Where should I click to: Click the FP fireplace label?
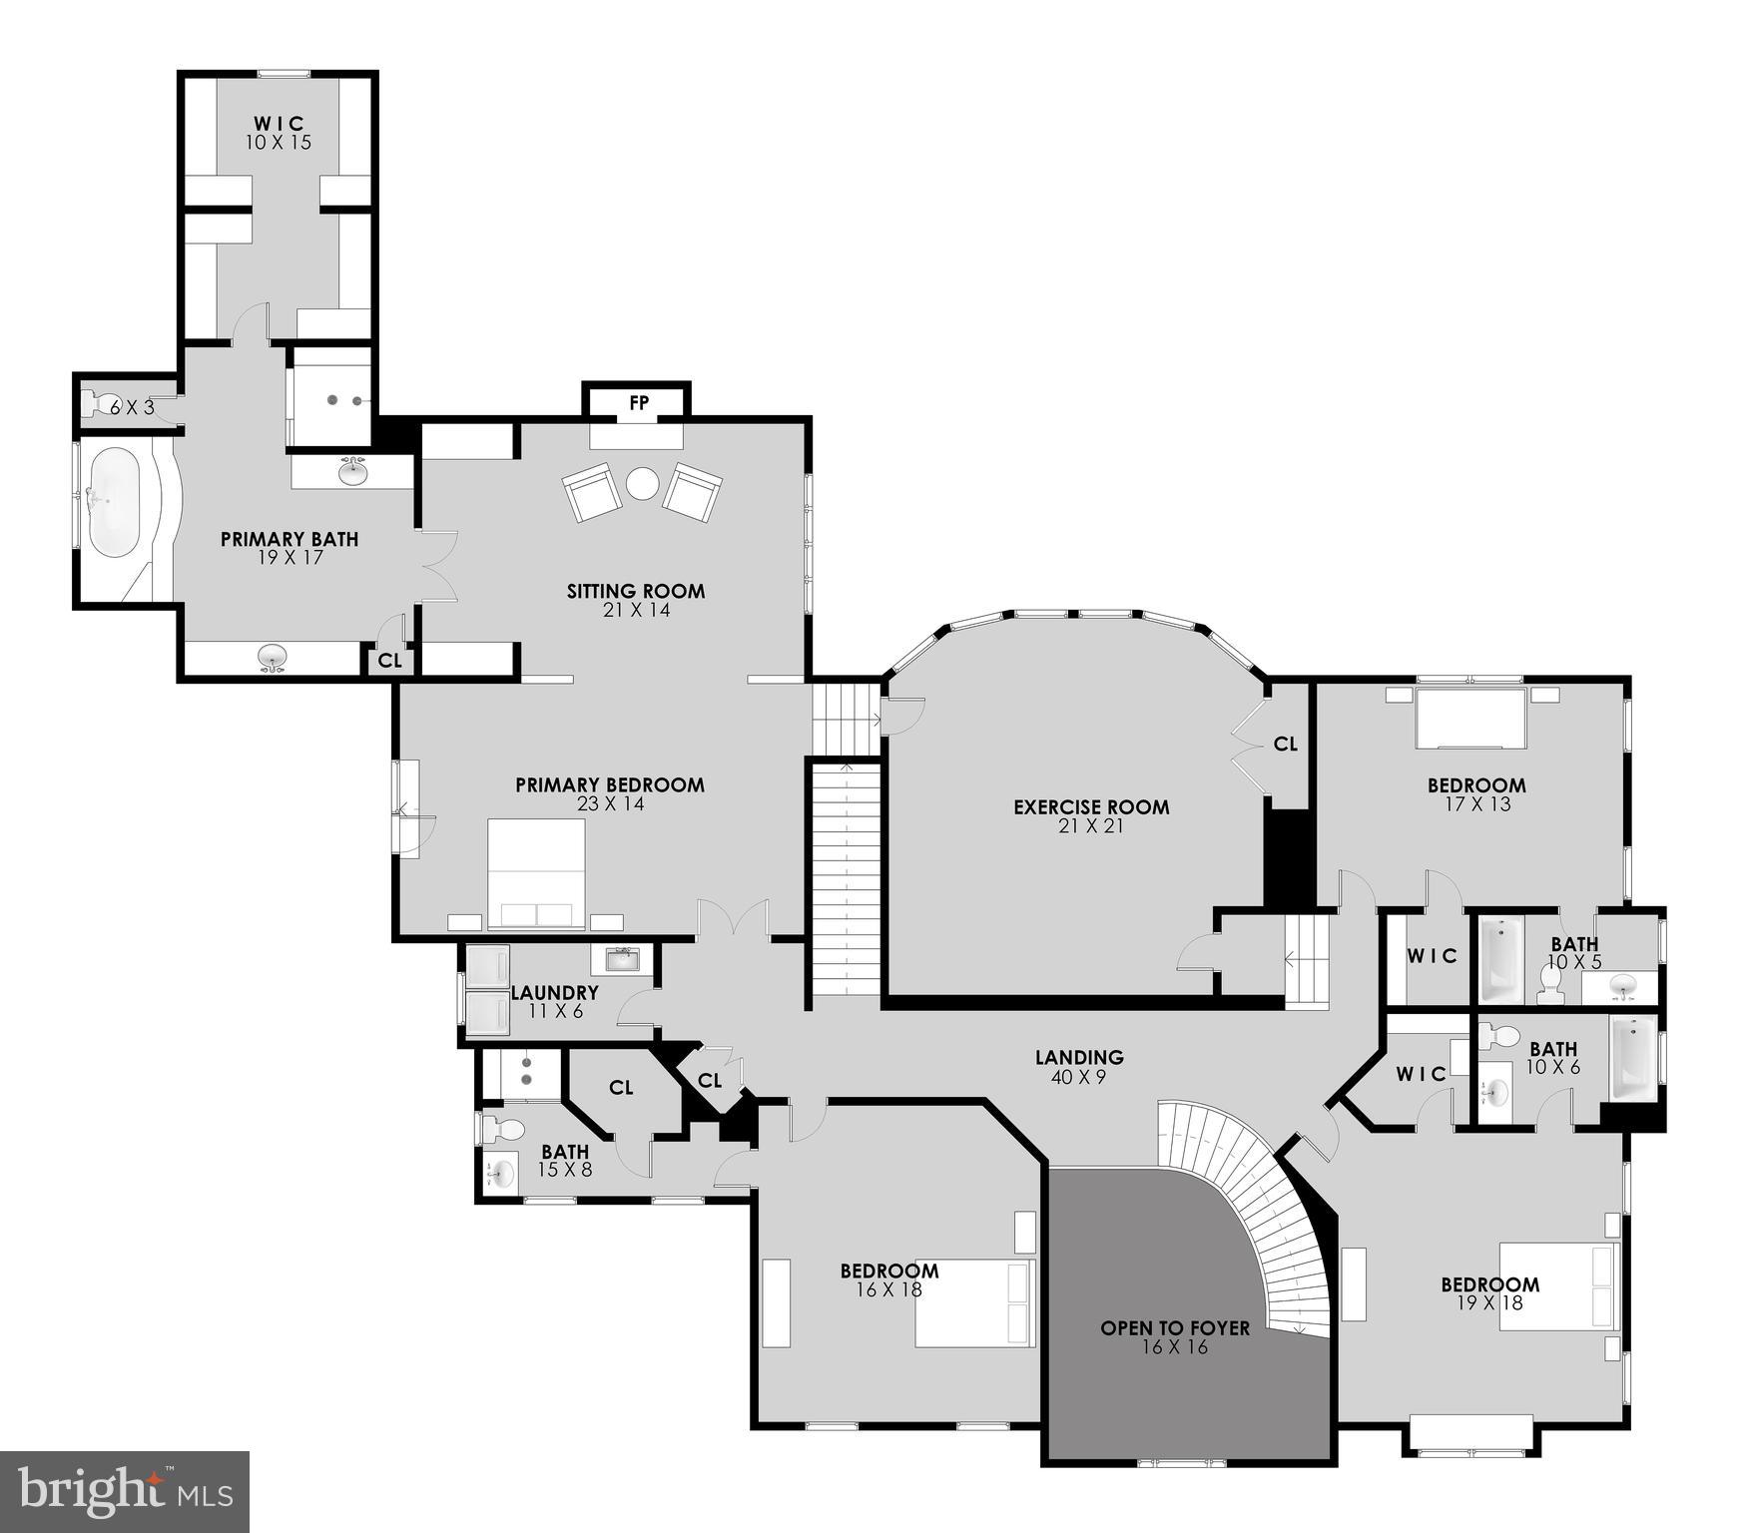point(638,403)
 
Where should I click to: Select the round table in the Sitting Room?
point(642,484)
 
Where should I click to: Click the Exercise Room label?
point(1091,807)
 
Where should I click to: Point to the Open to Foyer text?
point(1175,1328)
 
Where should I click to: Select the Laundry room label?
point(554,993)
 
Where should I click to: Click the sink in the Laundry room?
point(623,960)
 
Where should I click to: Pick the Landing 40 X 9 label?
point(1079,1058)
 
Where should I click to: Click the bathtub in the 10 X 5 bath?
point(1500,960)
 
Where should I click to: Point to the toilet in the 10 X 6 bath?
point(1496,1037)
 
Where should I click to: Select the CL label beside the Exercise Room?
point(1285,744)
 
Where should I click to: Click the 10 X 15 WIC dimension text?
point(279,143)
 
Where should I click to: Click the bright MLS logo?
point(124,1492)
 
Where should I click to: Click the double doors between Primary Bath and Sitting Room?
point(436,565)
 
